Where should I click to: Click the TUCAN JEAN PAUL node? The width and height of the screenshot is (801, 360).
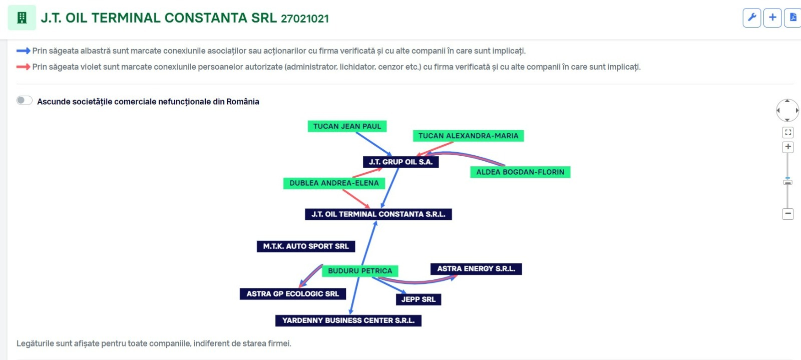347,126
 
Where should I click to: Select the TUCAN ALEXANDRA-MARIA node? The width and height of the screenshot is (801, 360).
468,136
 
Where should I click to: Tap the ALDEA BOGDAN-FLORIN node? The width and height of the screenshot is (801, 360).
520,172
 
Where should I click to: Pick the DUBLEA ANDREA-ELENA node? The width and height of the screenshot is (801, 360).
334,183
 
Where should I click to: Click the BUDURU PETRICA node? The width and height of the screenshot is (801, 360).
360,271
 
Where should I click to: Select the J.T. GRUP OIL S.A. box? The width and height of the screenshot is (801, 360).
400,162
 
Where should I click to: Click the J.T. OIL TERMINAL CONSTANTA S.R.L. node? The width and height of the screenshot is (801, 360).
378,214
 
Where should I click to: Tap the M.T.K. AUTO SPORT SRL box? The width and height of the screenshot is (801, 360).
306,246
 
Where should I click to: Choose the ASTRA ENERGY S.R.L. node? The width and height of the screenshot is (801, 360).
476,269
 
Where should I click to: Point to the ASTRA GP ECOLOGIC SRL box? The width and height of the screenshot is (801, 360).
292,294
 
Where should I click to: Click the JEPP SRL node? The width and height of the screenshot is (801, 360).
419,299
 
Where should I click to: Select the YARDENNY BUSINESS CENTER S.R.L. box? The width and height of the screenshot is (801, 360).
348,320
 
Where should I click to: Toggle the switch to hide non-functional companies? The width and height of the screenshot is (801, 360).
25,101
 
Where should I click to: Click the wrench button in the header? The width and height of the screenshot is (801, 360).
751,18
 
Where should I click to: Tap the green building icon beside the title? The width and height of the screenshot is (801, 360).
22,18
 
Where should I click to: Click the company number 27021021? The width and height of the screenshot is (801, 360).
305,19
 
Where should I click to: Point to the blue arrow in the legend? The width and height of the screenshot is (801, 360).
23,51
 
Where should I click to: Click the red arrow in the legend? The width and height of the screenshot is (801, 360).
23,67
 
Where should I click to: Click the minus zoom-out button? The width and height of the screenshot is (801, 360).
788,214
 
